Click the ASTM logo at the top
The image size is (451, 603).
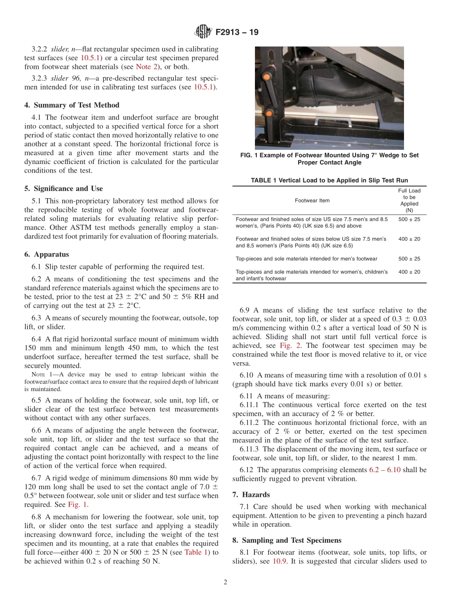pyautogui.click(x=203, y=33)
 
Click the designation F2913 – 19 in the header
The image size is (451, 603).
pyautogui.click(x=237, y=33)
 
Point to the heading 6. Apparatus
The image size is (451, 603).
pyautogui.click(x=47, y=255)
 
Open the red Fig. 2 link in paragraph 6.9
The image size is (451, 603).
pyautogui.click(x=287, y=346)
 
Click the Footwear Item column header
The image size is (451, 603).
pyautogui.click(x=312, y=201)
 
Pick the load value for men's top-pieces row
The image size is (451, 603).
pyautogui.click(x=409, y=259)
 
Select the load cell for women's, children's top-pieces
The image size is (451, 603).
pyautogui.click(x=409, y=272)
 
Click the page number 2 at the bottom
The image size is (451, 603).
pyautogui.click(x=225, y=583)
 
